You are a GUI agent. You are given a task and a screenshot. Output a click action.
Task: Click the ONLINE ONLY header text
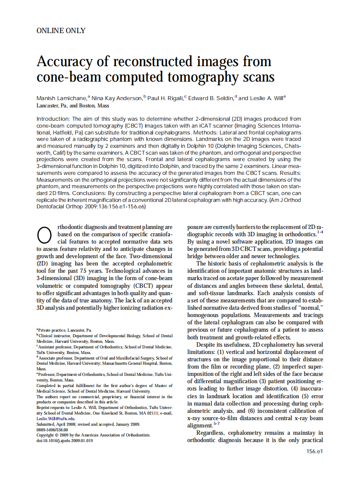click(x=61, y=31)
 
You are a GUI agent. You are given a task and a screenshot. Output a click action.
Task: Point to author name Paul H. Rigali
click(x=165, y=98)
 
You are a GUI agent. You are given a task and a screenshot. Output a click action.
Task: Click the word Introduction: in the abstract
click(x=53, y=119)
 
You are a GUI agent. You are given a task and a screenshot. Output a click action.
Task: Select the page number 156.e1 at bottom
click(x=314, y=451)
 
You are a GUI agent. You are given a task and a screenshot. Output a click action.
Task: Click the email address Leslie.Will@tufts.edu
click(x=56, y=418)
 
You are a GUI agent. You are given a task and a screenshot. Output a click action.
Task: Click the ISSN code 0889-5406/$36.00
click(x=52, y=430)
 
